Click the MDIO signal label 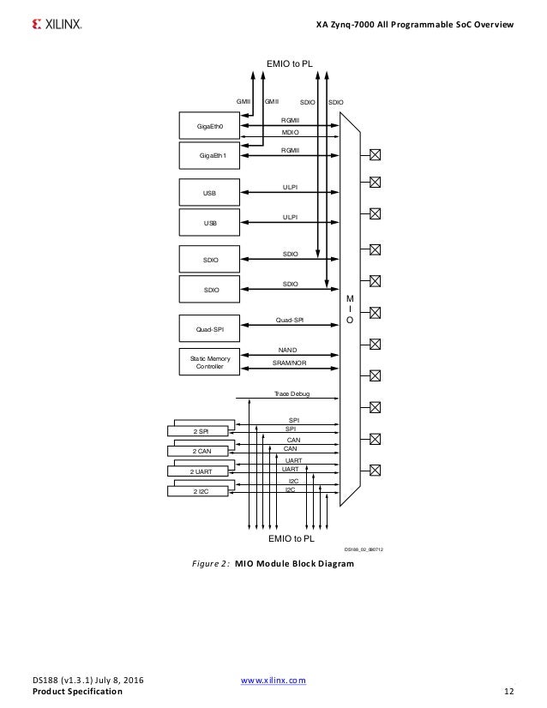pyautogui.click(x=290, y=134)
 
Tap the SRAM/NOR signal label pyautogui.click(x=290, y=363)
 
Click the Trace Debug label pyautogui.click(x=292, y=393)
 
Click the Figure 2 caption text pyautogui.click(x=273, y=564)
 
